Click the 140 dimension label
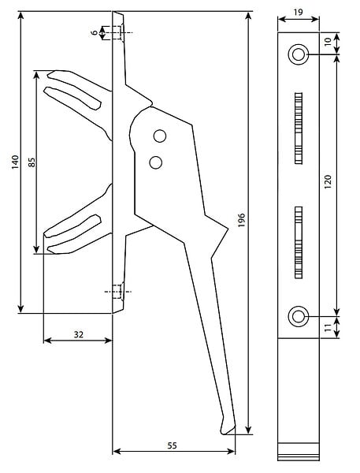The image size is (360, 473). tap(15, 162)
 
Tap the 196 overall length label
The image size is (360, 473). tap(242, 220)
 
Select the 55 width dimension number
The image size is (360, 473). tap(172, 445)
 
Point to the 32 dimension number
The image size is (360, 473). tap(79, 334)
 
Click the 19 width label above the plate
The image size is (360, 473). tap(298, 12)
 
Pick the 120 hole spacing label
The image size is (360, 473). tap(328, 181)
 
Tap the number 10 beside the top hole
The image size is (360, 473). tap(328, 41)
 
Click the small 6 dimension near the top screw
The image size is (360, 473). tap(95, 32)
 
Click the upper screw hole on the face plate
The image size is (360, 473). tap(299, 54)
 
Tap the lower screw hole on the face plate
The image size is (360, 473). tap(299, 316)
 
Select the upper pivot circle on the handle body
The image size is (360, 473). tap(159, 136)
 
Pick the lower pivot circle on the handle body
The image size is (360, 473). tap(155, 162)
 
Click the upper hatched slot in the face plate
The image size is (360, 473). tap(299, 128)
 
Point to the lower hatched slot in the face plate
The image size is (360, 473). tap(299, 243)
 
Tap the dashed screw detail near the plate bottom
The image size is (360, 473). tap(118, 292)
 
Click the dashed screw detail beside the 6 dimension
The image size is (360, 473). tap(118, 32)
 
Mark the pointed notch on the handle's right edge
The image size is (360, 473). tap(228, 229)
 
